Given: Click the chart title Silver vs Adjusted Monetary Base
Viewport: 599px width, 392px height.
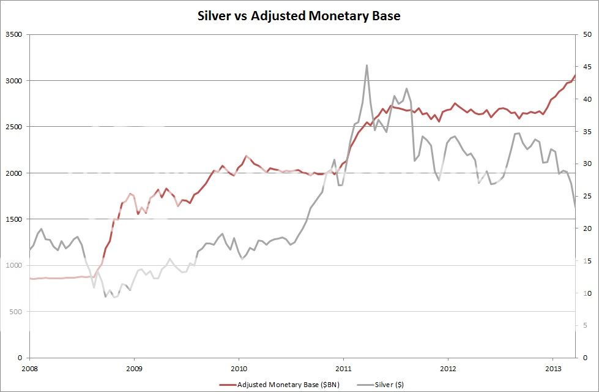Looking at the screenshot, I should (x=299, y=16).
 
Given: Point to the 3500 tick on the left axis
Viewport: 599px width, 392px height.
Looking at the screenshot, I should (x=14, y=35).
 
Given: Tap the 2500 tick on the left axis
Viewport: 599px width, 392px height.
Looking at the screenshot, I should (x=14, y=127).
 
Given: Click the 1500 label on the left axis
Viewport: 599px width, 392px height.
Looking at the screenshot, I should (x=14, y=219).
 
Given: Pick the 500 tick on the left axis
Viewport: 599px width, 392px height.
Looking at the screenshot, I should (x=17, y=312).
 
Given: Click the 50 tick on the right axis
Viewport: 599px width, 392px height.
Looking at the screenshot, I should (x=587, y=35).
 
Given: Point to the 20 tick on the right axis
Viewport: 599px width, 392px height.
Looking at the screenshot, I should (x=587, y=228).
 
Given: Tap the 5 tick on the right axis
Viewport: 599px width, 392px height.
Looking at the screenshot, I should (x=585, y=325).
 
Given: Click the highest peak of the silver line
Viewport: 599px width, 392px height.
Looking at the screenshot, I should (x=366, y=65).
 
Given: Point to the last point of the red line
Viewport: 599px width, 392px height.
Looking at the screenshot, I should (x=575, y=75).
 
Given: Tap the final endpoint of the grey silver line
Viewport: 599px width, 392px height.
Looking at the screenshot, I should (x=575, y=209).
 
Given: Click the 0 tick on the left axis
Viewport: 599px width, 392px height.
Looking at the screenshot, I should (x=20, y=358).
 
